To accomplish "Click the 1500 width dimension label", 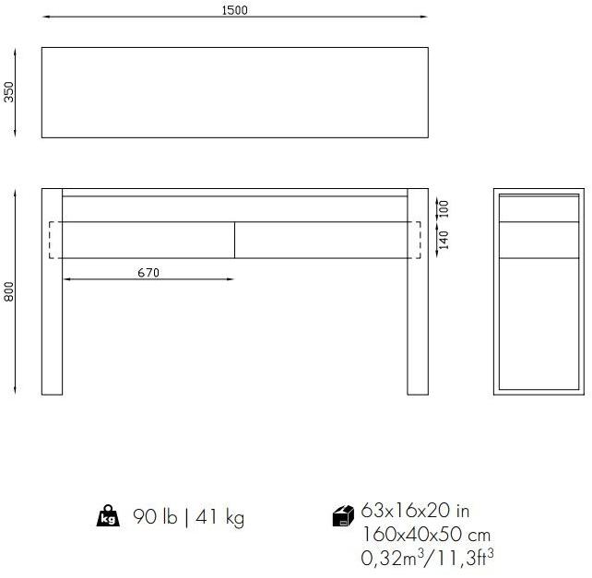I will [234, 10].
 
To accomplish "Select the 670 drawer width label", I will [148, 272].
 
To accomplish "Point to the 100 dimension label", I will [444, 207].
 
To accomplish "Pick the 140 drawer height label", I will [444, 241].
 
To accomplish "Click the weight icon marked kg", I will [108, 517].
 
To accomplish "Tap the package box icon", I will [343, 516].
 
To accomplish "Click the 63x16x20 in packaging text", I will [415, 511].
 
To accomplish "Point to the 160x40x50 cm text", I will [425, 534].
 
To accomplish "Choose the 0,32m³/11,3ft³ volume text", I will [428, 557].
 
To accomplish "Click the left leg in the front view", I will [52, 323].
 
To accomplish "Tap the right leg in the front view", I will [418, 323].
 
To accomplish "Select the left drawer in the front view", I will [148, 240].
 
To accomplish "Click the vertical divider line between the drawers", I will [234, 240].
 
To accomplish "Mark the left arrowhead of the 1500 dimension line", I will [45, 17].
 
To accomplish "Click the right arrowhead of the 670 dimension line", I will [231, 279].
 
